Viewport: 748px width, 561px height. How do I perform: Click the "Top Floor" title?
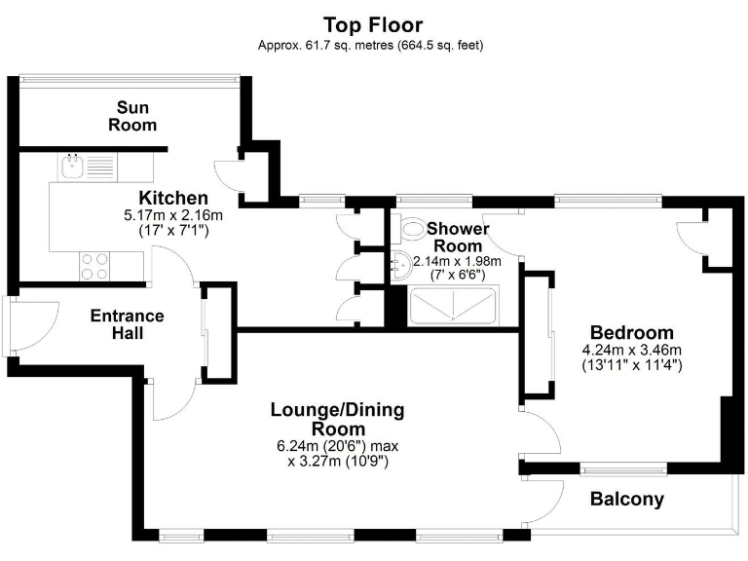click(x=373, y=24)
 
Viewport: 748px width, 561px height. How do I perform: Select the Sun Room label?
click(x=132, y=116)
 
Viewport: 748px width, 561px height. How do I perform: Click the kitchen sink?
click(x=72, y=167)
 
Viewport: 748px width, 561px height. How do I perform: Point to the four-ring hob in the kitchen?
click(x=93, y=266)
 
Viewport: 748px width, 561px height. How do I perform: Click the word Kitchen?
click(x=172, y=197)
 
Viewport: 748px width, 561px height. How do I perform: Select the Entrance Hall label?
click(x=127, y=324)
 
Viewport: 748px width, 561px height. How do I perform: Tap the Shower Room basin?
click(x=400, y=261)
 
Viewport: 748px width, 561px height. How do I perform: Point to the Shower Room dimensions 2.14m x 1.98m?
click(x=457, y=261)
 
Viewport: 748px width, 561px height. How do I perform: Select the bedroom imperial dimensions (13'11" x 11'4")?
click(x=631, y=365)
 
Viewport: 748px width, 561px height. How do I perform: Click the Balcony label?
click(x=627, y=500)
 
